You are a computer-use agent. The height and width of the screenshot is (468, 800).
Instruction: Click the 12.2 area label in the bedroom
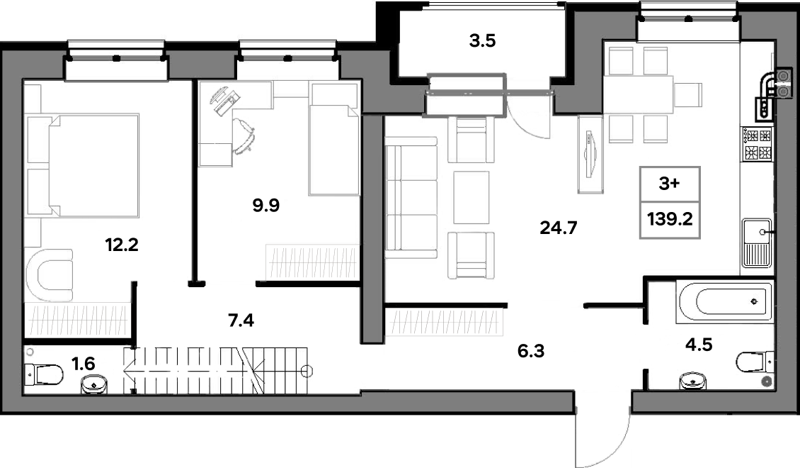pos(122,245)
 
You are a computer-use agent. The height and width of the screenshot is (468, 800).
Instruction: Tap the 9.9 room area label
pos(265,206)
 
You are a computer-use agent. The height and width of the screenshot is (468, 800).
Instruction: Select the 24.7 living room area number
pos(559,228)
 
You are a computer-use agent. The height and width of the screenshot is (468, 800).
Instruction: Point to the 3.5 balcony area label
pos(482,40)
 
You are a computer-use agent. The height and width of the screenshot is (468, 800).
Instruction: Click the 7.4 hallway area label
pos(241,321)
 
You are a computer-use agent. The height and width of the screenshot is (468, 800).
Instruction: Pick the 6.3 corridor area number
pos(531,351)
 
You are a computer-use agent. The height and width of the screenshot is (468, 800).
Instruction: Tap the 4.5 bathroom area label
pos(699,345)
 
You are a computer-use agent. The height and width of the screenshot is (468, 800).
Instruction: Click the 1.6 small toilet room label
pos(83,364)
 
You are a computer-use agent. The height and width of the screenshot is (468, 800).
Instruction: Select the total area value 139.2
pos(670,219)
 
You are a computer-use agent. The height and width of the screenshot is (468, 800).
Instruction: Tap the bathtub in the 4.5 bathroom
pos(724,301)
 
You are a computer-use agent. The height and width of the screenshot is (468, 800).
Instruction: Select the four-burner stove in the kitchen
pos(758,144)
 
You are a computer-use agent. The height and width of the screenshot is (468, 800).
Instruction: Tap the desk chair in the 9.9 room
pos(244,135)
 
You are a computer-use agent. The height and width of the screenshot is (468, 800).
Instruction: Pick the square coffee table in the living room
pos(472,197)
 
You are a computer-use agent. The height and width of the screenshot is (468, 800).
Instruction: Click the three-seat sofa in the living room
pos(411,197)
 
